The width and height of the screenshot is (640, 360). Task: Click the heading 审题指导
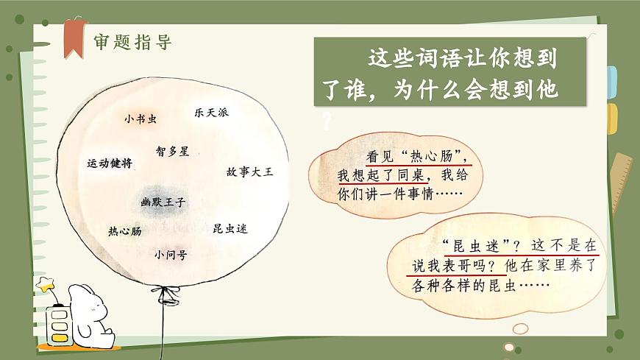(132, 42)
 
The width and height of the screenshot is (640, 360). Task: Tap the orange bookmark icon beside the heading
(74, 38)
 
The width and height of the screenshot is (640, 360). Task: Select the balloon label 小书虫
(141, 119)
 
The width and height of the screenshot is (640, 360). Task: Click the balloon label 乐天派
(211, 113)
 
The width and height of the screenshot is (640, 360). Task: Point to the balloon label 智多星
(172, 151)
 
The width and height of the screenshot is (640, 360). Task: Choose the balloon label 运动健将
(110, 163)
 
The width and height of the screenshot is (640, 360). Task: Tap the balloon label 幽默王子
(163, 200)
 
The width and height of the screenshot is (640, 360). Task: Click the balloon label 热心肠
(124, 231)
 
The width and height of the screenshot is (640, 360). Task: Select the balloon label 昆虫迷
(230, 228)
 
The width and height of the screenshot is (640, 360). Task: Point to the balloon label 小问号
(170, 255)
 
